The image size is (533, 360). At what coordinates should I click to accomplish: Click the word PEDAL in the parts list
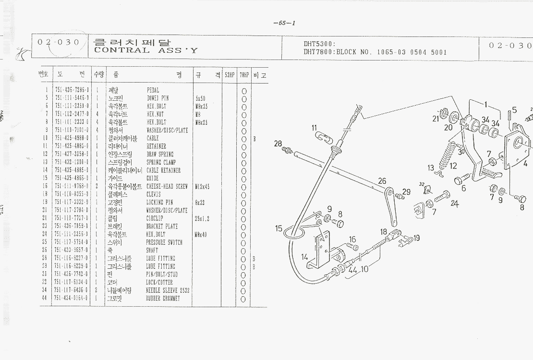point(153,90)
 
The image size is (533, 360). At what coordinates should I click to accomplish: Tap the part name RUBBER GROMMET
point(163,299)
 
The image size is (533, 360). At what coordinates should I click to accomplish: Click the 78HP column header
point(244,75)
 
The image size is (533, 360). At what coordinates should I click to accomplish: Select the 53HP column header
point(230,75)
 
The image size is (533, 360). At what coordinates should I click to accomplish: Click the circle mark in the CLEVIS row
point(244,194)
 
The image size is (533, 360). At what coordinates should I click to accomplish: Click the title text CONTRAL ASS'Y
point(145,50)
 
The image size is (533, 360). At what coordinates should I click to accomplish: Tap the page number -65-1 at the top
point(284,23)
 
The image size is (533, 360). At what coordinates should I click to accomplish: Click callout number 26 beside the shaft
point(382,181)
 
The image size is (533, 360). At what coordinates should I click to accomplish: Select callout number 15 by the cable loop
point(279,228)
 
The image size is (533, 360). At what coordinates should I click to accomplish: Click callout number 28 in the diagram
point(278,144)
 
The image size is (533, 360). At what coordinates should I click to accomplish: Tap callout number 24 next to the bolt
point(454,204)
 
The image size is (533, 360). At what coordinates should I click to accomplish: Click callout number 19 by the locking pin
point(416,237)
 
